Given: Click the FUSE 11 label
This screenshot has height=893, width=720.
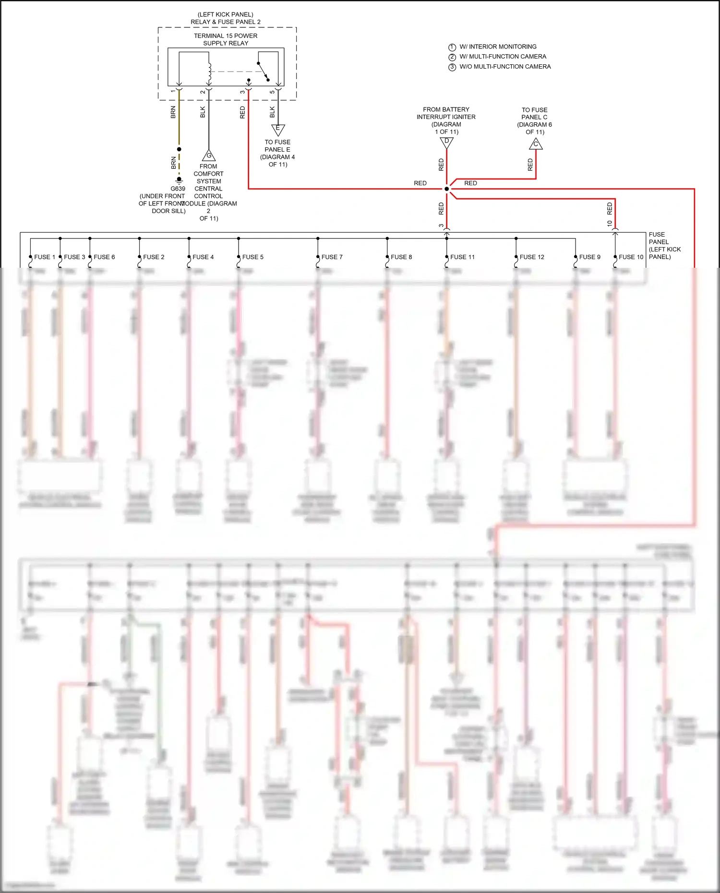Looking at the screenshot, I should pos(462,257).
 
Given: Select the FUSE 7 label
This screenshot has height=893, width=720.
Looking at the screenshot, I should pos(332,257).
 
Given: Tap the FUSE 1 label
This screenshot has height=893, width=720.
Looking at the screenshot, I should pos(45,257).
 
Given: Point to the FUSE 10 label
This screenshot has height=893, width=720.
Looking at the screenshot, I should pos(631,257).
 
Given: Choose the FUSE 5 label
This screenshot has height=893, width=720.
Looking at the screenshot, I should pos(252,257).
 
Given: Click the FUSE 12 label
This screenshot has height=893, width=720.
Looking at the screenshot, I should pos(532,257).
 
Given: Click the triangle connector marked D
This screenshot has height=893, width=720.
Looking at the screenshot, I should pos(446,142).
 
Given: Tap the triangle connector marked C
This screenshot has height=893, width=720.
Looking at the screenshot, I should pos(536,144).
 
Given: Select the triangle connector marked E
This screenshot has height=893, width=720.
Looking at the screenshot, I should pos(278,129).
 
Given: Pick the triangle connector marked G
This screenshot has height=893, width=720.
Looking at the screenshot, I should pos(209,156).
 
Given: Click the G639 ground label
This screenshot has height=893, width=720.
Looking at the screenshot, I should pos(178,189).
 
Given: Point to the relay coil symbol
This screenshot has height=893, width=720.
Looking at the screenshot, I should pos(209,72).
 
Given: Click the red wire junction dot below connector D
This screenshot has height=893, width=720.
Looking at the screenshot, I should pos(446,189).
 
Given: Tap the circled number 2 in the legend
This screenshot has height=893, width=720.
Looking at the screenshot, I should pos(452,57).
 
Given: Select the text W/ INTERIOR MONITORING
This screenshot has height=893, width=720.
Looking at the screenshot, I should pos(498,47).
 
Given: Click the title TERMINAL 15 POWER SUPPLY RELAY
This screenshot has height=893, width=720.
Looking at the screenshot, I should pos(226,39).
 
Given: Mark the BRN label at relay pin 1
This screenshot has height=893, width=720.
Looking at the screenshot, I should pos(173,112).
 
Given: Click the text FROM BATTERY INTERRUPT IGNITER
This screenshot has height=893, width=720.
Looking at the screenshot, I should pos(446,113).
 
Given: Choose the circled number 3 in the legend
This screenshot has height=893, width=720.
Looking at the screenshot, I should pos(452,67).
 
